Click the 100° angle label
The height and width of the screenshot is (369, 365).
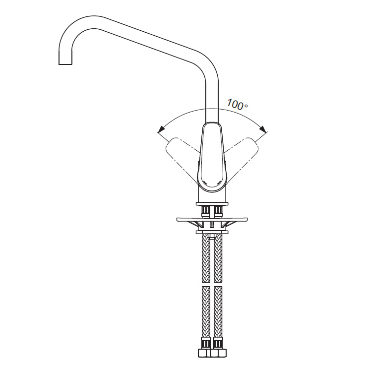click(x=237, y=104)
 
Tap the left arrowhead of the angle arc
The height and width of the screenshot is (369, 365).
click(x=161, y=129)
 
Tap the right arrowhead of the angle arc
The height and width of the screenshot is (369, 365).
click(x=263, y=129)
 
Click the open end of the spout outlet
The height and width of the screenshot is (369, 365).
click(x=65, y=64)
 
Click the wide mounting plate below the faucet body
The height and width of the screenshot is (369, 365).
click(x=212, y=219)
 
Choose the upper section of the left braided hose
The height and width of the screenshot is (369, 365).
click(x=206, y=258)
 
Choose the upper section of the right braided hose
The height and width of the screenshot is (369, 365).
click(x=218, y=258)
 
